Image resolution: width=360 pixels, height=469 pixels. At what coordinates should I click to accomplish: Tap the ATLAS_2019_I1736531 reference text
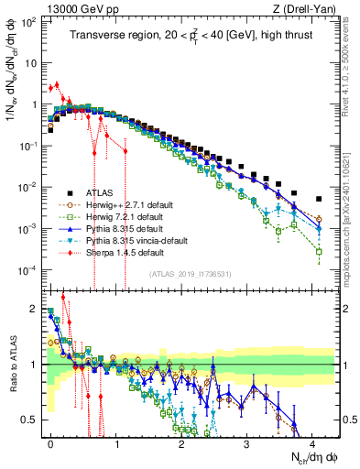190,274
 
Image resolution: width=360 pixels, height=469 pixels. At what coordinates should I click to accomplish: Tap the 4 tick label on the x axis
312,442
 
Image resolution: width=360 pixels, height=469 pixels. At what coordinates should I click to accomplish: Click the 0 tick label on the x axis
50,442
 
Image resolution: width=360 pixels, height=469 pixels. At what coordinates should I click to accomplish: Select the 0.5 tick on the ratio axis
32,420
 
